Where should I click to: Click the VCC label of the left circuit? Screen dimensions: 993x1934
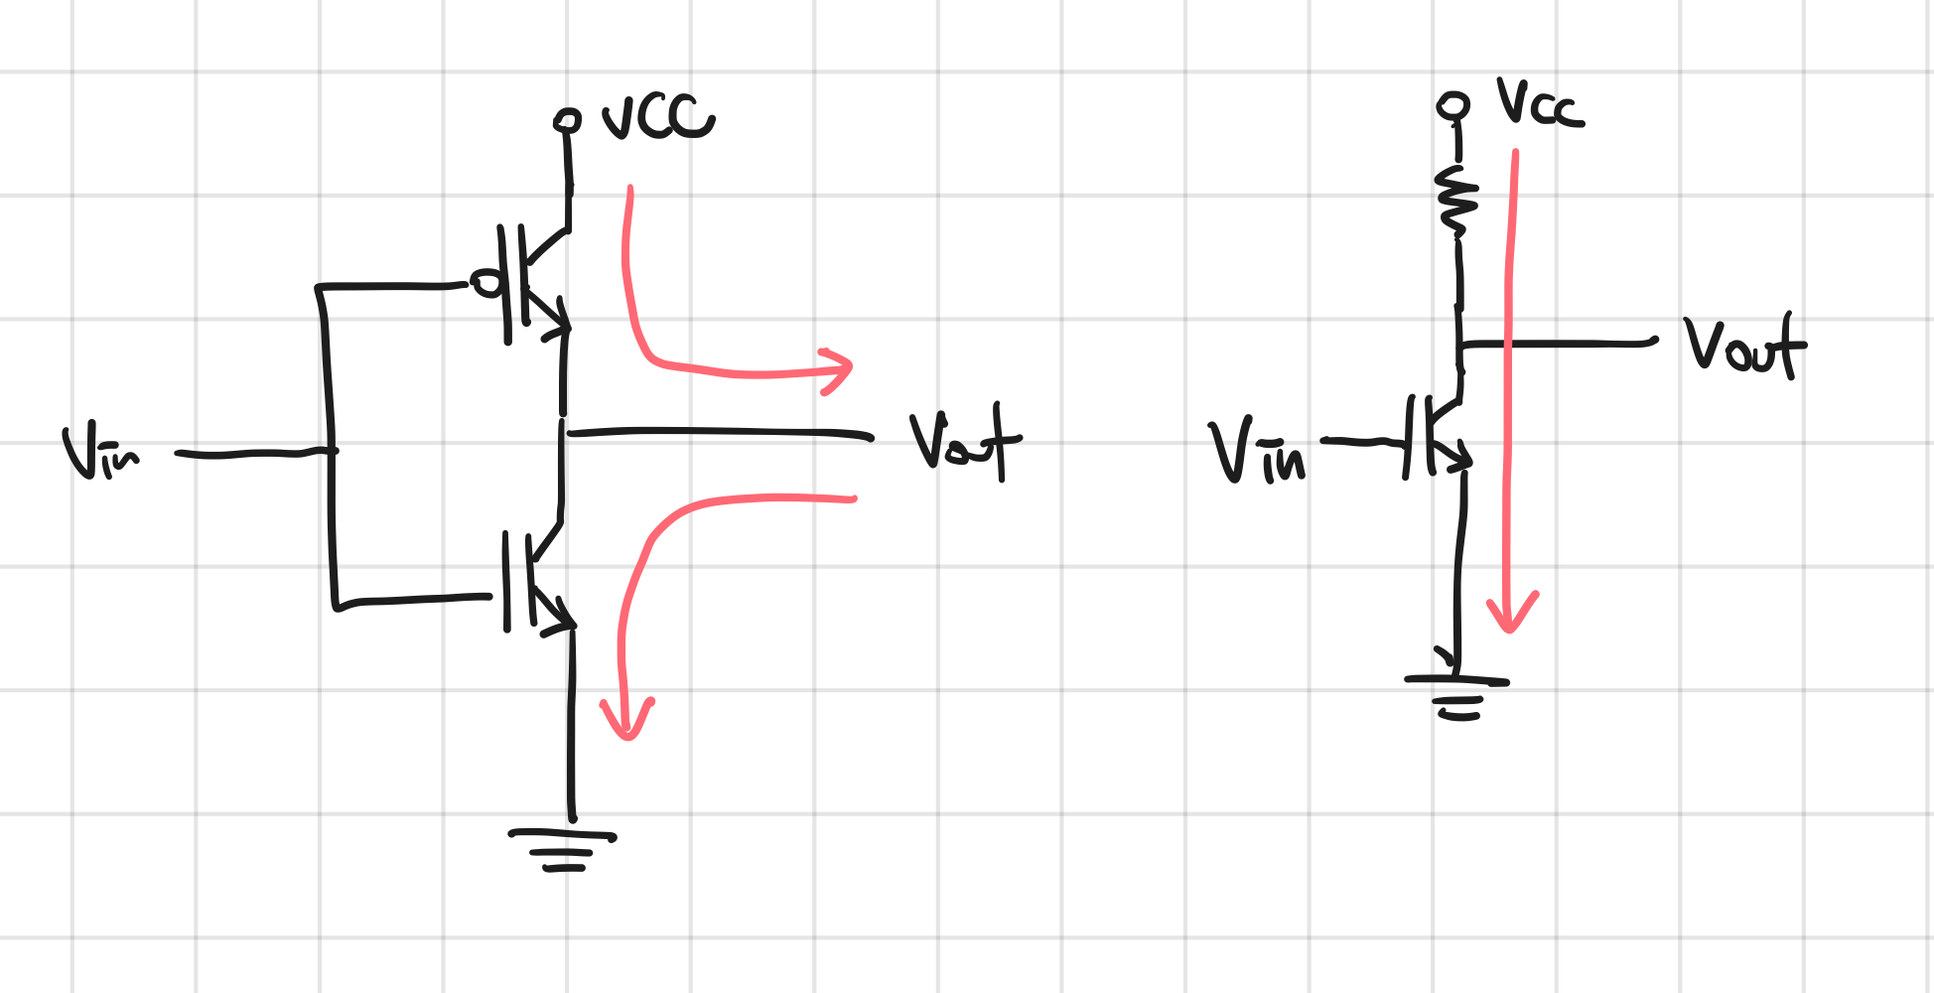657,118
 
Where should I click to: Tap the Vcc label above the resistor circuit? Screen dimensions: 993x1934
1539,103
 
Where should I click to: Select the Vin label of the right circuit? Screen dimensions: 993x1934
1257,453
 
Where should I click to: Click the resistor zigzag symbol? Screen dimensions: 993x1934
1457,203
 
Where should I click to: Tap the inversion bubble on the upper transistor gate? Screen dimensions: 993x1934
485,284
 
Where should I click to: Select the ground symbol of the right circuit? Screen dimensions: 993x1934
1457,695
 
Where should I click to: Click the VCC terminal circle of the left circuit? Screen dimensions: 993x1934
567,121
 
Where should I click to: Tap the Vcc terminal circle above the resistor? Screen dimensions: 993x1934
1453,105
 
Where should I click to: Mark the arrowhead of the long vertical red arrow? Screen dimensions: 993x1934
1511,616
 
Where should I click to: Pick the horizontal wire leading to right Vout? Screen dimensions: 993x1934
1559,343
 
